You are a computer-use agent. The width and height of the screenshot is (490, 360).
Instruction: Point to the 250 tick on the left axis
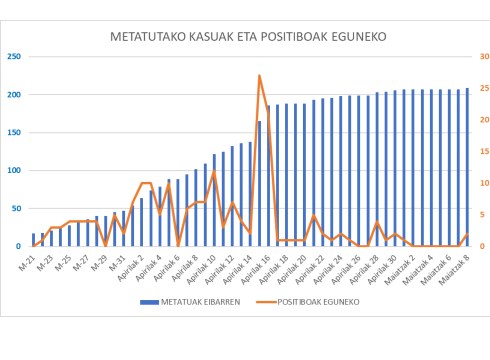tap(13, 57)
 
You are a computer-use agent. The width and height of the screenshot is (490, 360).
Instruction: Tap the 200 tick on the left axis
tap(13, 95)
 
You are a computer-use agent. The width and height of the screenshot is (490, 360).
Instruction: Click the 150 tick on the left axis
tap(13, 133)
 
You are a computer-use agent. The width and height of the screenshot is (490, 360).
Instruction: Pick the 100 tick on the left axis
tap(13, 171)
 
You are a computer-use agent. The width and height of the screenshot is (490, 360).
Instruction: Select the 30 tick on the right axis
tap(483, 57)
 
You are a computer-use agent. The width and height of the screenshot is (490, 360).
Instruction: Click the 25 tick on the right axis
tap(483, 89)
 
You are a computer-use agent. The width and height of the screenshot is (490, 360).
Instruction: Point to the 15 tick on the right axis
tap(483, 152)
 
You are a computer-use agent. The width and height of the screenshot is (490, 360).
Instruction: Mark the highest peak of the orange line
tap(260, 76)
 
